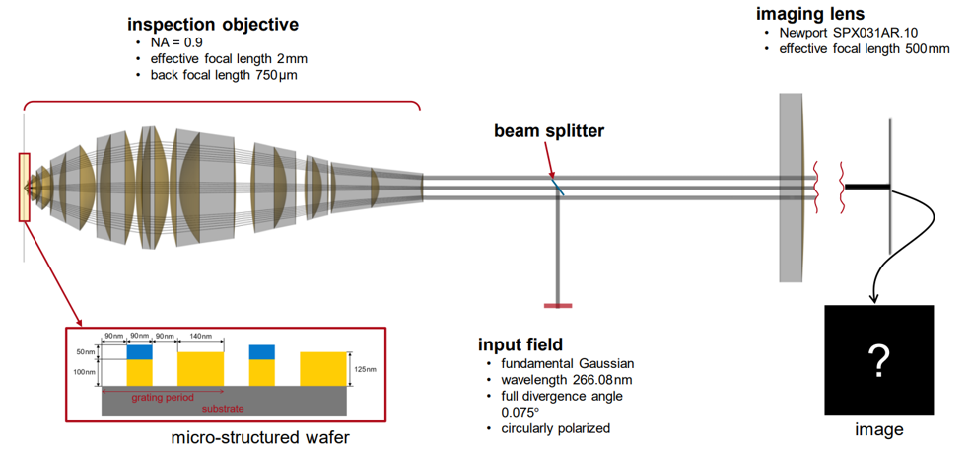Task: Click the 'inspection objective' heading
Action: pos(213,24)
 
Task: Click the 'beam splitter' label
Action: pos(550,130)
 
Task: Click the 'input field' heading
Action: pos(520,344)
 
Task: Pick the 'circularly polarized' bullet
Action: pos(556,428)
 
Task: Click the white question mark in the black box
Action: pos(877,361)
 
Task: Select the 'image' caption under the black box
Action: pos(878,430)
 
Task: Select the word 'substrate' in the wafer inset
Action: pos(224,407)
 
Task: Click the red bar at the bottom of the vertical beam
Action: pos(558,306)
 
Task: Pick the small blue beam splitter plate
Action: pos(558,185)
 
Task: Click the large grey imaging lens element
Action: pos(793,187)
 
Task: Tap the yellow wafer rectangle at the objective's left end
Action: pos(24,187)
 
